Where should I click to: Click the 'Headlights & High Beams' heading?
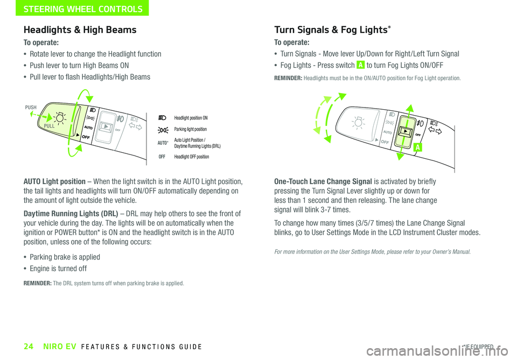[80, 30]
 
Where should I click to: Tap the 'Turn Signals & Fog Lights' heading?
[331, 30]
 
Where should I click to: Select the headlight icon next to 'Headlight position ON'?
[162, 118]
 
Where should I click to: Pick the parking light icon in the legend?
[162, 130]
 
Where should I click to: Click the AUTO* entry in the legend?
[162, 144]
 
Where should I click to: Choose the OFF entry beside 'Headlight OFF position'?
[162, 157]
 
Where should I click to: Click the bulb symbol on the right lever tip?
[357, 123]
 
